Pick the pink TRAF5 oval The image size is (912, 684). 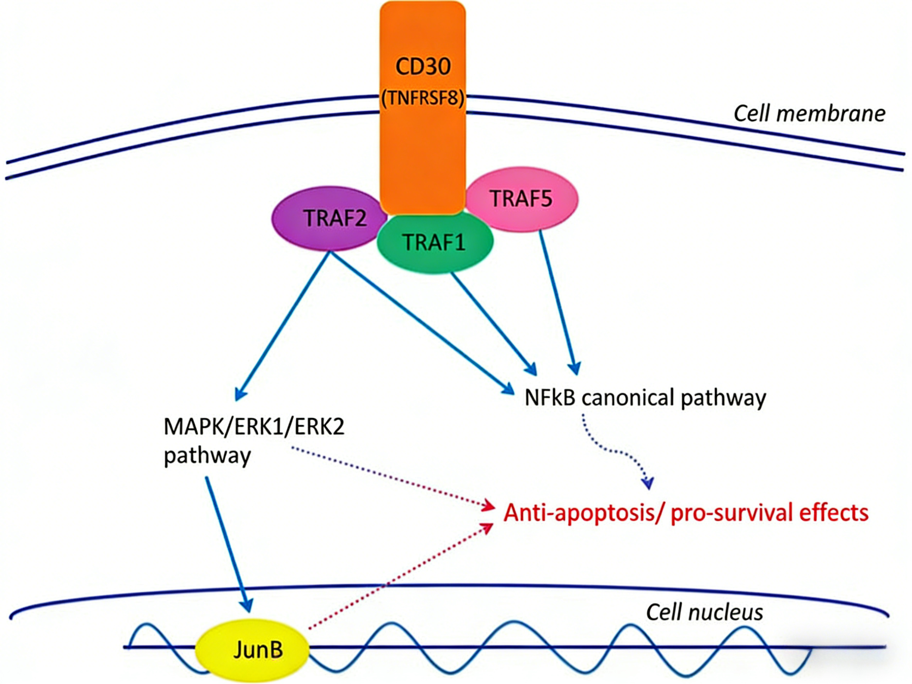pyautogui.click(x=522, y=199)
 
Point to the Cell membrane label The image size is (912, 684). pyautogui.click(x=809, y=113)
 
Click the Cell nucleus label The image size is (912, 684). pyautogui.click(x=704, y=612)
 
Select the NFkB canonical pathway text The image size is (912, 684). pyautogui.click(x=645, y=398)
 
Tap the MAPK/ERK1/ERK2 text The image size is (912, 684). pyautogui.click(x=254, y=427)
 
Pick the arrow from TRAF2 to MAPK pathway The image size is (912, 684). pyautogui.click(x=282, y=326)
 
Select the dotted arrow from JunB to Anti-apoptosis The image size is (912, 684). pyautogui.click(x=400, y=577)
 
